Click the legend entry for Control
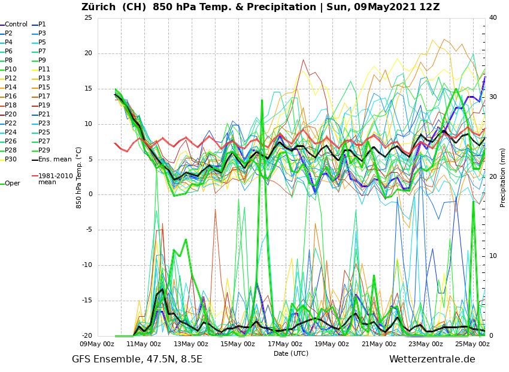(16, 25)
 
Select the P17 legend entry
(44, 97)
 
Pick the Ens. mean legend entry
(54, 160)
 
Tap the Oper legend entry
(13, 184)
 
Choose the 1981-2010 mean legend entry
(55, 179)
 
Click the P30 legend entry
(11, 160)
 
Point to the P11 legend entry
(44, 70)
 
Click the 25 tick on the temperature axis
(88, 18)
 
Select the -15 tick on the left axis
(87, 301)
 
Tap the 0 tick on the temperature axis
(90, 194)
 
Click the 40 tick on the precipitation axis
(493, 18)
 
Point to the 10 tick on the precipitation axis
(493, 256)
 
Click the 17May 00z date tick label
(285, 344)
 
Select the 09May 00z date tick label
(97, 344)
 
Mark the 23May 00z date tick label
(426, 344)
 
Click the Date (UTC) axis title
(291, 354)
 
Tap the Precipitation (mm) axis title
(503, 177)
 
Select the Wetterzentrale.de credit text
(432, 359)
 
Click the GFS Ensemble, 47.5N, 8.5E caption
(137, 359)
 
